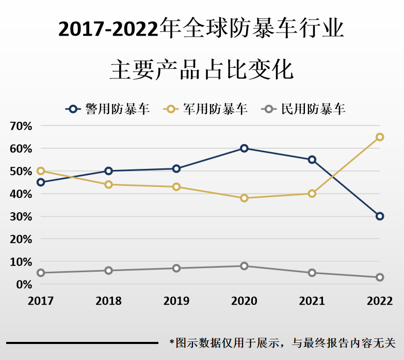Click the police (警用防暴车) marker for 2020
[244, 148]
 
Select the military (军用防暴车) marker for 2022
[380, 137]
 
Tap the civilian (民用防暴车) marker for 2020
[244, 266]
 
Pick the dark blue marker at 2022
[380, 216]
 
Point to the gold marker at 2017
[41, 171]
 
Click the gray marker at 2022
[380, 277]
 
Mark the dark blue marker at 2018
[108, 171]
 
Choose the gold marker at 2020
[244, 198]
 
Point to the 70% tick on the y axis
[20, 126]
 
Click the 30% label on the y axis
[20, 216]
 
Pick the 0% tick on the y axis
[23, 285]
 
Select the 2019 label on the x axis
[176, 301]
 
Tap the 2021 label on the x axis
[312, 301]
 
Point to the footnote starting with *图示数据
[282, 342]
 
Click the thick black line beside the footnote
[82, 342]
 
